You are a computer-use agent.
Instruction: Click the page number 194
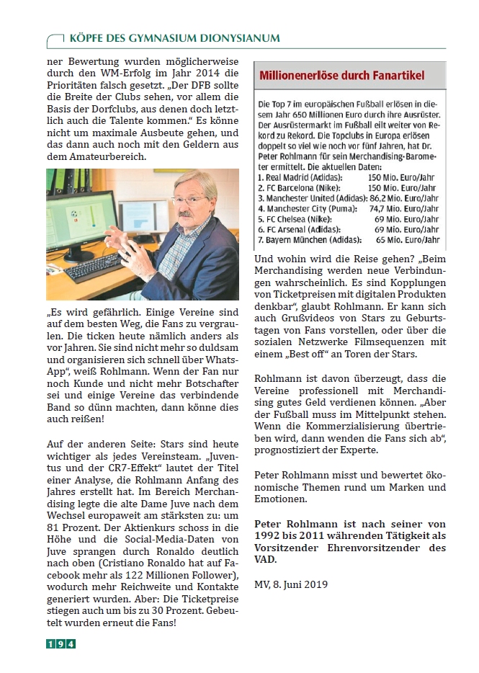coord(61,643)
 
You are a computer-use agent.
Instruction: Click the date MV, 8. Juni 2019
coord(292,584)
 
